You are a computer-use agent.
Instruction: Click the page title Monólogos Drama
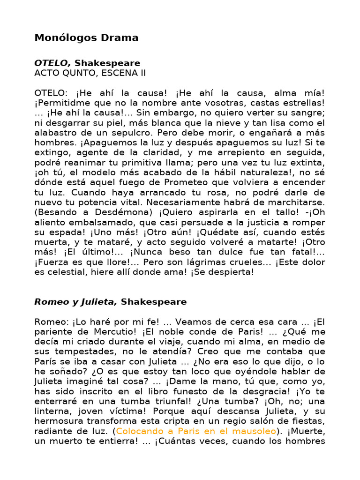(86, 38)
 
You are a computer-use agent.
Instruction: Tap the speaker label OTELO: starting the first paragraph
(50, 92)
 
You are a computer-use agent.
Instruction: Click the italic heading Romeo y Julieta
(75, 302)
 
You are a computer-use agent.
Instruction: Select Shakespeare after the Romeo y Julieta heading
(154, 302)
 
